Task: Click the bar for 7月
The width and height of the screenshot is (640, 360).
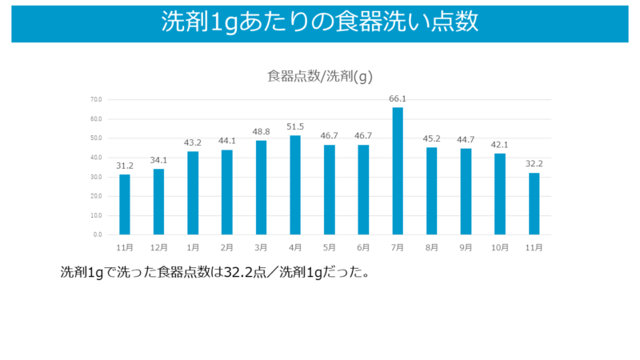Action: click(398, 170)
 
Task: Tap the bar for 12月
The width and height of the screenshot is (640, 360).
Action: click(158, 202)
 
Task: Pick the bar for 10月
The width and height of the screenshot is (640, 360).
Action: click(500, 194)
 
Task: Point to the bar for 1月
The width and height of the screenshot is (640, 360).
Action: click(193, 193)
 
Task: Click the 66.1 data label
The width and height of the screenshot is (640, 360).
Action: click(398, 99)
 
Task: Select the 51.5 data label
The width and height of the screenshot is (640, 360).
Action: click(295, 127)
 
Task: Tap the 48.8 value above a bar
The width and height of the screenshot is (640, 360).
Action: click(261, 132)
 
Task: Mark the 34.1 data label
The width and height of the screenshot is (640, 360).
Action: click(158, 160)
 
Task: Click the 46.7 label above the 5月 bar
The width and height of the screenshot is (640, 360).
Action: click(330, 137)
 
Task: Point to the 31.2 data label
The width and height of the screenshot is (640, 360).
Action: click(125, 166)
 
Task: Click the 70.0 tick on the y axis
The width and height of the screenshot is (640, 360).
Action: click(96, 100)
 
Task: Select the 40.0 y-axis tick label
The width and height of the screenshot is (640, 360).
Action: click(96, 158)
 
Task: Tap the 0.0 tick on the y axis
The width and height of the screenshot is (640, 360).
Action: click(98, 234)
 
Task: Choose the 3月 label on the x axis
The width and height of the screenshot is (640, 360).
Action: click(261, 247)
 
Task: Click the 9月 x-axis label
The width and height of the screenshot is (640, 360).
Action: click(466, 247)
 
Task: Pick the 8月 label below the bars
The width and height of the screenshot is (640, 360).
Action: click(432, 247)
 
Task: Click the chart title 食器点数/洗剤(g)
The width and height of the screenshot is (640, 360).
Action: click(320, 77)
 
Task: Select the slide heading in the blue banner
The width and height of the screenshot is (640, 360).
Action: click(320, 22)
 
